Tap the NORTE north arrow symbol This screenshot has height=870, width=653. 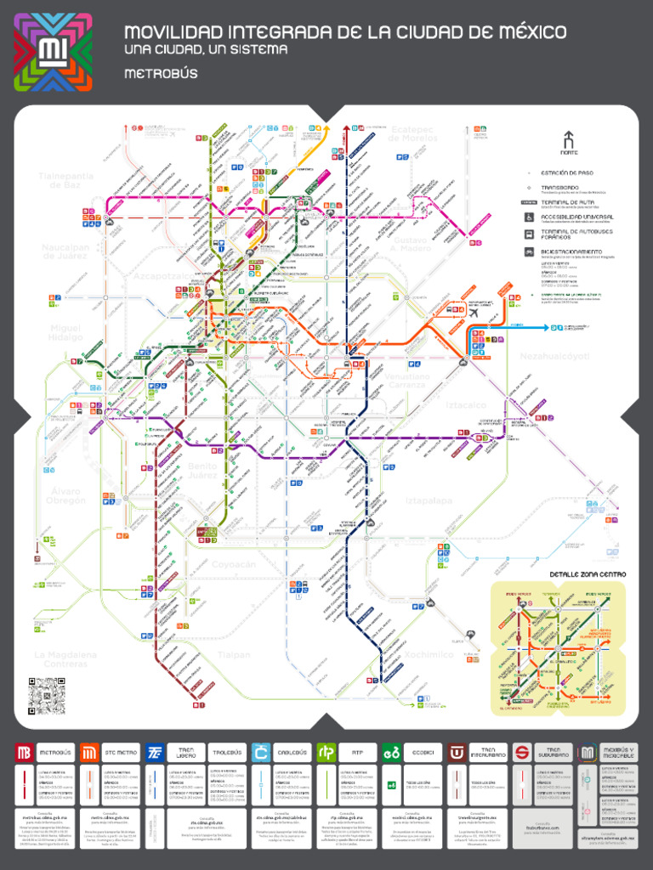[x=568, y=141]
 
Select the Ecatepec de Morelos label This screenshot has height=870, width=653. [x=412, y=133]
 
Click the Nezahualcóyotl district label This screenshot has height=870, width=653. [x=554, y=357]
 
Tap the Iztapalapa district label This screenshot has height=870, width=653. [x=430, y=500]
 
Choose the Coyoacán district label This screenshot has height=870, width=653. [x=233, y=564]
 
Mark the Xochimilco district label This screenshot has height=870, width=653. [x=429, y=654]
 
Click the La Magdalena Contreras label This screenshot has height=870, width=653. [x=65, y=659]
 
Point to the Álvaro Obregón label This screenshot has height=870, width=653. [x=65, y=496]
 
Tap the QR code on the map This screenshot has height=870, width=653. [x=46, y=696]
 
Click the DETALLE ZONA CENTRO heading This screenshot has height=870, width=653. [x=588, y=574]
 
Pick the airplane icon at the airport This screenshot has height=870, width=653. [x=471, y=312]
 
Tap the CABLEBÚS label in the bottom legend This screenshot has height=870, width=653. [x=292, y=752]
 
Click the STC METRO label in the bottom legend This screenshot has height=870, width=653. [x=122, y=752]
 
